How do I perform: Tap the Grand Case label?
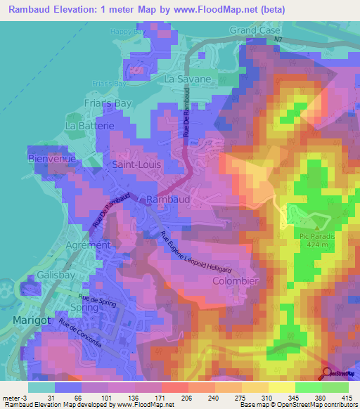point(255,31)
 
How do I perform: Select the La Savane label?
point(187,79)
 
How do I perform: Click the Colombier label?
point(236,280)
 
